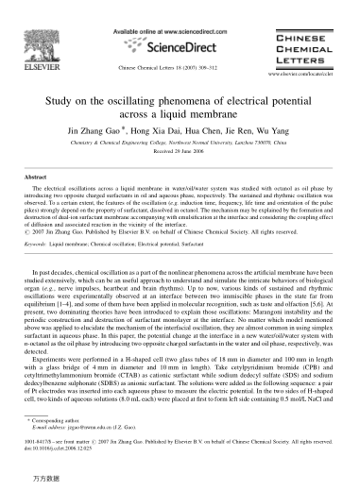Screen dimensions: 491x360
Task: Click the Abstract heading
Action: click(36, 177)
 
